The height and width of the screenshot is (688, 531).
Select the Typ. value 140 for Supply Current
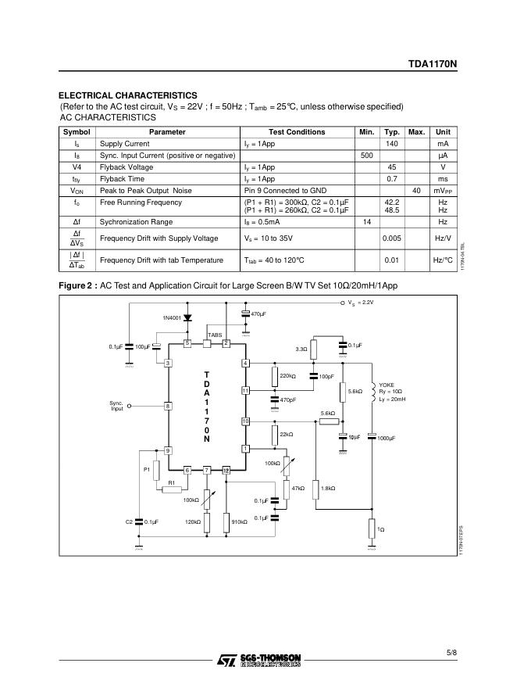392,144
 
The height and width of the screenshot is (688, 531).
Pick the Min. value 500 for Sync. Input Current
366,156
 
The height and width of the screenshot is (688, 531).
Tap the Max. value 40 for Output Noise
416,191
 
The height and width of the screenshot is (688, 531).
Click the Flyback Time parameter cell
122,179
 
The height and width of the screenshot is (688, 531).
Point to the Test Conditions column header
297,132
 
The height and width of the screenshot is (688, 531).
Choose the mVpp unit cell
443,191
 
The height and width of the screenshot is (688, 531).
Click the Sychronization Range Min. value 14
366,222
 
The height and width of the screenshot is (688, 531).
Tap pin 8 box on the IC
167,406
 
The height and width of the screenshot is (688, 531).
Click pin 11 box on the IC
245,390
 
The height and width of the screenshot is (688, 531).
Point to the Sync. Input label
116,406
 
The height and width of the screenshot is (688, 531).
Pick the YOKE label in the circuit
387,385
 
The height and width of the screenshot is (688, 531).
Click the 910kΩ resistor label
239,521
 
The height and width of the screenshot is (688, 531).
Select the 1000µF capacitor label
387,438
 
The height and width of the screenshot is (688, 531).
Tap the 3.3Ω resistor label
301,349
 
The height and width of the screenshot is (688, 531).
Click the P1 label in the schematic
146,469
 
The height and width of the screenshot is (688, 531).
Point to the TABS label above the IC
215,335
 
